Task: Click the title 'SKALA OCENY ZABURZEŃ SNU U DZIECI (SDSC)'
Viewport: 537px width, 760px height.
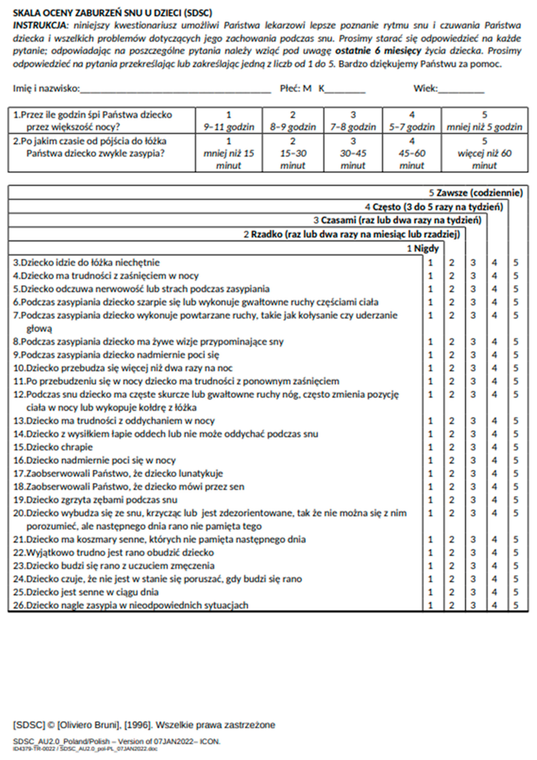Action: [112, 13]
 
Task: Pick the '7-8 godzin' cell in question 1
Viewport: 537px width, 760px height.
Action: [353, 121]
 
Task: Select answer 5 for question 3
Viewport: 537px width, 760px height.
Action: [516, 263]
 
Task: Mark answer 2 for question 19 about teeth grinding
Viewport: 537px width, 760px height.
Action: [451, 500]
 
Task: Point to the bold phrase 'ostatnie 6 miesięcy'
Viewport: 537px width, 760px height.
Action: [378, 51]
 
